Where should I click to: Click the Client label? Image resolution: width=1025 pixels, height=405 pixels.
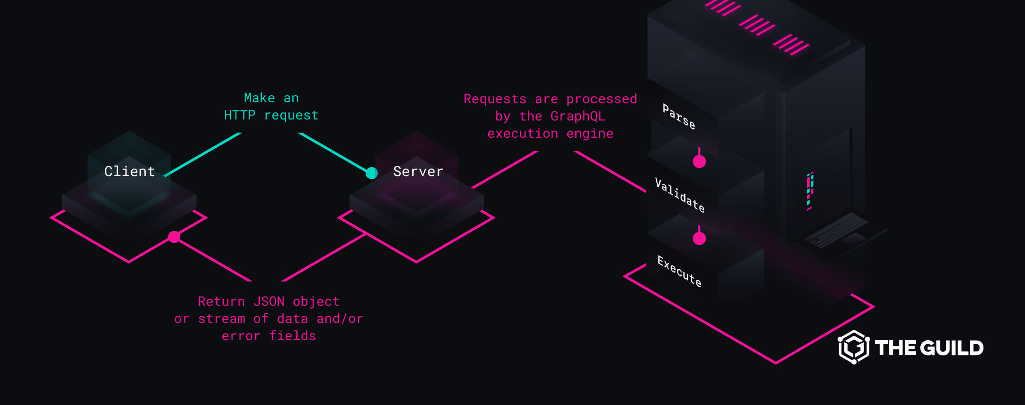[x=130, y=172]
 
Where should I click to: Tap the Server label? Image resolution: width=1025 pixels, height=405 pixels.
[x=418, y=172]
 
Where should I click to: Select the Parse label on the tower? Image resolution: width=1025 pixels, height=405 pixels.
[x=679, y=117]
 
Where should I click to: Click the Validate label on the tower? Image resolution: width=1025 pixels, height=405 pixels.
[x=680, y=195]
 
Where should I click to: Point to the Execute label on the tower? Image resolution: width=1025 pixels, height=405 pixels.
[x=680, y=272]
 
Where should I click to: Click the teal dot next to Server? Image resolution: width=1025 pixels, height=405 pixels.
[x=372, y=173]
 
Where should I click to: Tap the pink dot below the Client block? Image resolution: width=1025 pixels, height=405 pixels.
[x=174, y=237]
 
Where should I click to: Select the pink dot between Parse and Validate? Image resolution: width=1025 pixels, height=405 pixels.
[x=699, y=161]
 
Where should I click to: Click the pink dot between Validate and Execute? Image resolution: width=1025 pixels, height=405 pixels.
[x=699, y=238]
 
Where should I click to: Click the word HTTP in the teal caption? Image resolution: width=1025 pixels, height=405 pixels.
[x=240, y=115]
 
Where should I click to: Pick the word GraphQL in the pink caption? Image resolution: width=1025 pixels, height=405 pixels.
[x=577, y=116]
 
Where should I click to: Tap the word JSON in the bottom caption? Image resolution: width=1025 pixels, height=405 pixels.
[x=269, y=302]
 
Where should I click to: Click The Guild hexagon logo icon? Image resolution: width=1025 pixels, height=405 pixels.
[x=854, y=347]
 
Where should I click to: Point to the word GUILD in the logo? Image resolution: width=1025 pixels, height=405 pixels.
[x=952, y=348]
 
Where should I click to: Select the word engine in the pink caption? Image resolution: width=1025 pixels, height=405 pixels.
[x=589, y=134]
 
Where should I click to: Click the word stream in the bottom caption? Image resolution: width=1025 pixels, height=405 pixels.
[x=221, y=319]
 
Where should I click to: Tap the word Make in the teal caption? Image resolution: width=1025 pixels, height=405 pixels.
[x=259, y=98]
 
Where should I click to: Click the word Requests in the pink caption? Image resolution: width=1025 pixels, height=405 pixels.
[x=495, y=99]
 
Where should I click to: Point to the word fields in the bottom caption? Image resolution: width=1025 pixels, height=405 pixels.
[x=292, y=336]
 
